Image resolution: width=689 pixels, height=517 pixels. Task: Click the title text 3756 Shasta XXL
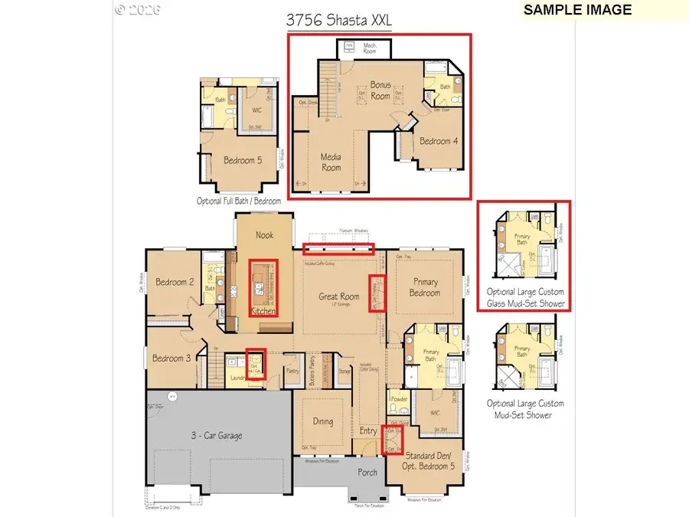[x=338, y=21]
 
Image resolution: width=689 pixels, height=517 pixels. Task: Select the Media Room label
[x=331, y=162]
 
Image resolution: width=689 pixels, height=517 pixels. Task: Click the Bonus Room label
[x=380, y=90]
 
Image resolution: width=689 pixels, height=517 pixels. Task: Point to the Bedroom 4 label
[x=440, y=141]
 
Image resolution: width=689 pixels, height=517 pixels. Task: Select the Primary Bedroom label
[x=424, y=287]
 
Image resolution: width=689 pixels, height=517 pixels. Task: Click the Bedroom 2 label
[x=175, y=282]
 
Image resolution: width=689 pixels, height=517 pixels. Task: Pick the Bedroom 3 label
[x=171, y=358]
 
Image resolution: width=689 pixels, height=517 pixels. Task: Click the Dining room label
[x=322, y=420]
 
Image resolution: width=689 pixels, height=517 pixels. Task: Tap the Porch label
[x=367, y=472]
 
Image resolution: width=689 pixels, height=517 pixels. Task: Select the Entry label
[x=368, y=431]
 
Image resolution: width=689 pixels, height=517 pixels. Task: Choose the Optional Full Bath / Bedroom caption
[x=238, y=201]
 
